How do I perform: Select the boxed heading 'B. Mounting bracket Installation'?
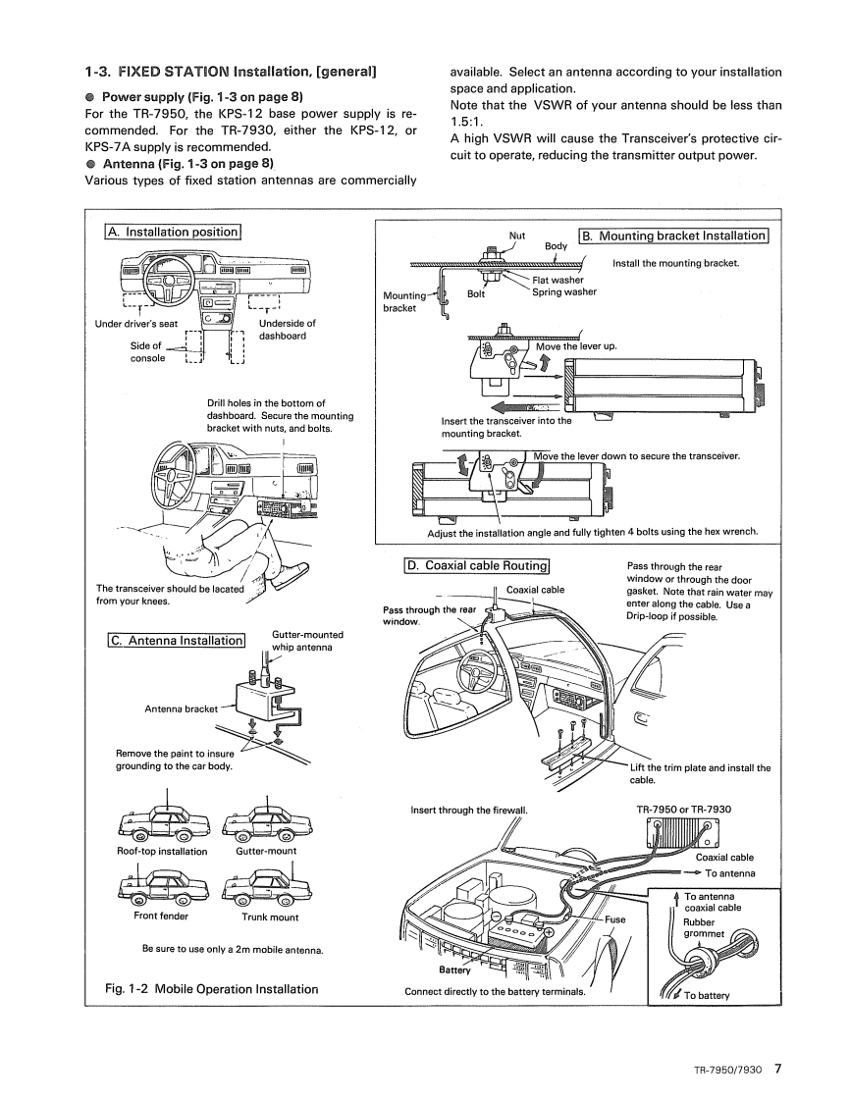pos(673,236)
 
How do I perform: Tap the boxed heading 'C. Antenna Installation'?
pos(175,641)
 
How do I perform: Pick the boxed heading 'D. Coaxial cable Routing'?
pos(477,566)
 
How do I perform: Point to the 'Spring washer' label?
pos(564,291)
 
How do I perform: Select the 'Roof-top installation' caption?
pos(162,851)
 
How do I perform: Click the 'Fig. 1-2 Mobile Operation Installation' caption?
pos(212,988)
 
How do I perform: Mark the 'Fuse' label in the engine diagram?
pos(615,919)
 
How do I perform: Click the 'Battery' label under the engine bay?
pos(455,971)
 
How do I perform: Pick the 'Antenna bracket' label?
pos(181,708)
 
